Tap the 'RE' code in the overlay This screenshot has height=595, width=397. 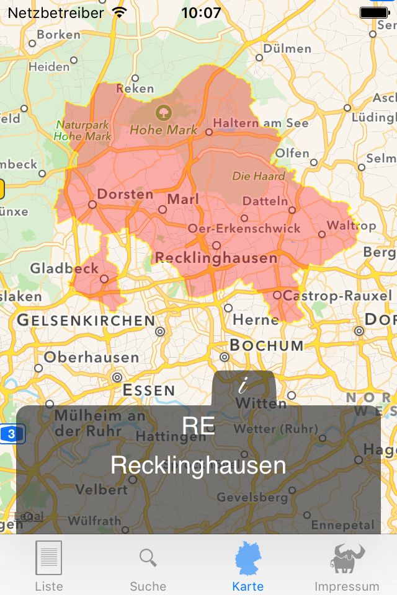pyautogui.click(x=198, y=426)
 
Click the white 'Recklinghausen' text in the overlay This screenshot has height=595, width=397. pyautogui.click(x=198, y=465)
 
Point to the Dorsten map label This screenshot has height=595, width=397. pyautogui.click(x=125, y=194)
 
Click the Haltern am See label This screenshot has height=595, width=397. pyautogui.click(x=261, y=123)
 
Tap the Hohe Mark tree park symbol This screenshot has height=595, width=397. pyautogui.click(x=163, y=113)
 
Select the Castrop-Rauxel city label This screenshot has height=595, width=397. pyautogui.click(x=337, y=296)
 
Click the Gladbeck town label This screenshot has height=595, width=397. pyautogui.click(x=65, y=268)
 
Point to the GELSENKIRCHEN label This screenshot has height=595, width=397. pyautogui.click(x=86, y=320)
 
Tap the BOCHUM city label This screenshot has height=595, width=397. pyautogui.click(x=267, y=345)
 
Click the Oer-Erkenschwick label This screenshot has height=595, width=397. pyautogui.click(x=244, y=229)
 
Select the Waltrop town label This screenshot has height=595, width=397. pyautogui.click(x=351, y=225)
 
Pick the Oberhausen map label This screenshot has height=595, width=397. pyautogui.click(x=91, y=358)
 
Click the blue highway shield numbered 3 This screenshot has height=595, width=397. pyautogui.click(x=12, y=433)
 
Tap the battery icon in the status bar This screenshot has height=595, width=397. pyautogui.click(x=374, y=12)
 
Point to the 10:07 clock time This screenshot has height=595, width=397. pyautogui.click(x=201, y=12)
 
